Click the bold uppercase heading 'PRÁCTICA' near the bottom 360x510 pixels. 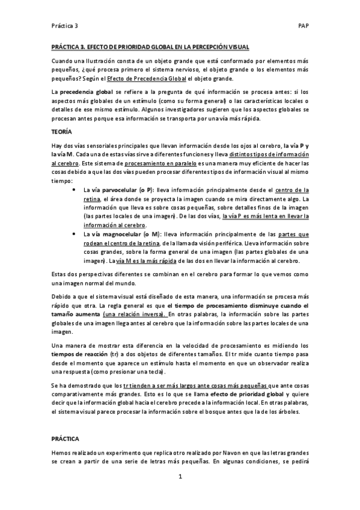[66, 440]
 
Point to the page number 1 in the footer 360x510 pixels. [180, 477]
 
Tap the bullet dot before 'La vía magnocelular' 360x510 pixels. [73, 233]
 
